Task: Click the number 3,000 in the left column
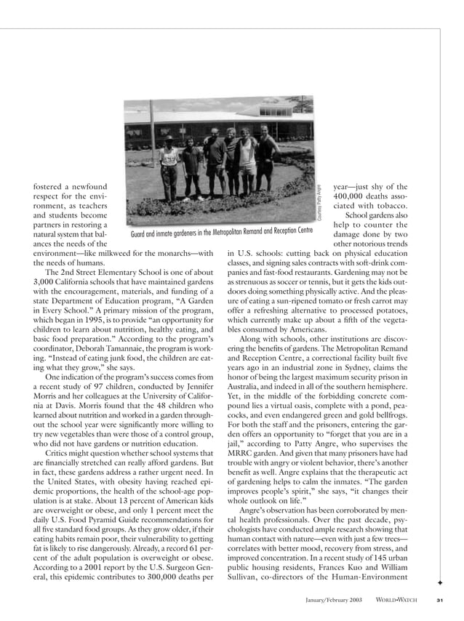(x=47, y=282)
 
